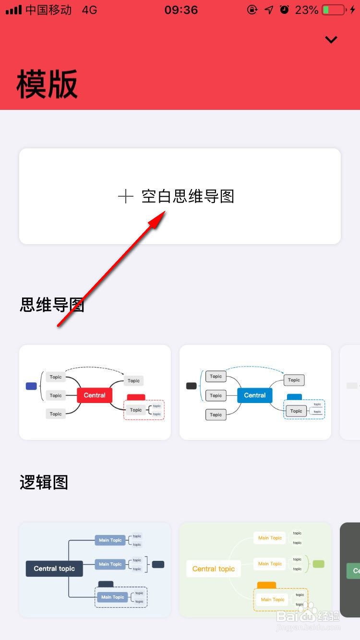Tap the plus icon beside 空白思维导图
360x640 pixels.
[125, 196]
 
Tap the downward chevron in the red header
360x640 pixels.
[331, 40]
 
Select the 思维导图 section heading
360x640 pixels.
[52, 304]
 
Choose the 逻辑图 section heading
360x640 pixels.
[44, 482]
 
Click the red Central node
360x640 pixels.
[95, 395]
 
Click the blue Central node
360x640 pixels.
[254, 395]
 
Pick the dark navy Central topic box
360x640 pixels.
[54, 569]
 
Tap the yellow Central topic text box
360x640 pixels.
[214, 569]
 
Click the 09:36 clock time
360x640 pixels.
[181, 10]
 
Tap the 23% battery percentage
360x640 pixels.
[307, 10]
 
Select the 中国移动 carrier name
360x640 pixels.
[48, 10]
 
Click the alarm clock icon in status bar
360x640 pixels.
[285, 10]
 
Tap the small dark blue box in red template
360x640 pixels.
[31, 386]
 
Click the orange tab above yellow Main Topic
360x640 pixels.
[266, 585]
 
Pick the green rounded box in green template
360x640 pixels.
[318, 564]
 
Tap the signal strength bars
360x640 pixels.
[13, 10]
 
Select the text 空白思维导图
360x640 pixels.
[188, 196]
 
